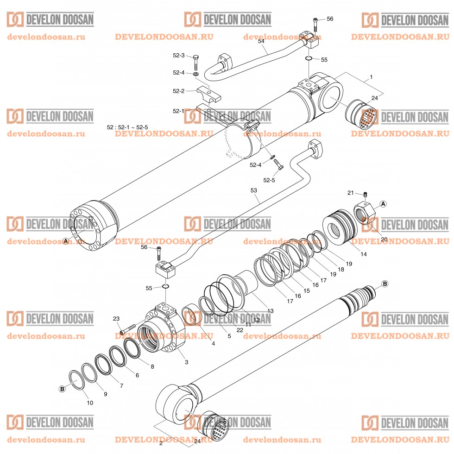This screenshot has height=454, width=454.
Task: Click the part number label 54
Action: tap(261, 41)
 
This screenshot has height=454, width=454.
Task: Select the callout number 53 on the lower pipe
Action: tap(253, 190)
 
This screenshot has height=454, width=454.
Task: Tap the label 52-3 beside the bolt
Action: tap(178, 56)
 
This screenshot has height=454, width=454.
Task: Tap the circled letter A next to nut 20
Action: tap(384, 203)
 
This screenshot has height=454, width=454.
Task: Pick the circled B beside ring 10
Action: tap(63, 389)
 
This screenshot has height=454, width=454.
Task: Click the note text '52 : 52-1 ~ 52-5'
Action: tap(127, 127)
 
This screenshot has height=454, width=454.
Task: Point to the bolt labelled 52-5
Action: tap(278, 164)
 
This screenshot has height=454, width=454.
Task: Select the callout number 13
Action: tap(270, 310)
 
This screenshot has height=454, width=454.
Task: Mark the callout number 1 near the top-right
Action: tap(371, 76)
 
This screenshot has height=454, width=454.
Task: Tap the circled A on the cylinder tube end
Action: tap(66, 241)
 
